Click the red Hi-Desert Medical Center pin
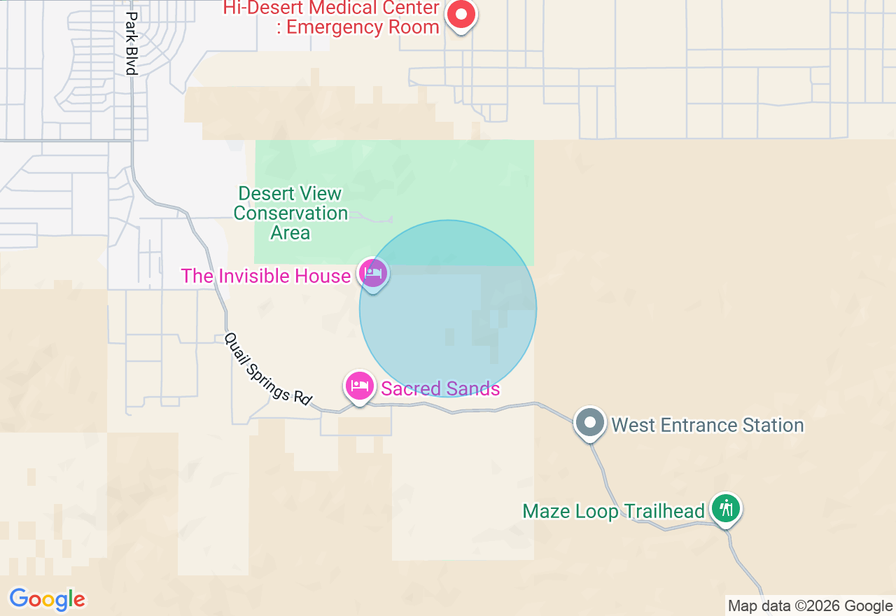pyautogui.click(x=461, y=14)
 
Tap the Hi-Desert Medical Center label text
pyautogui.click(x=331, y=17)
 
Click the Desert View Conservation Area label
pyautogui.click(x=290, y=213)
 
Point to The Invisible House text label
pyautogui.click(x=265, y=276)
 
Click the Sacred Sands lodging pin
pyautogui.click(x=359, y=386)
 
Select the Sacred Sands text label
pyautogui.click(x=440, y=388)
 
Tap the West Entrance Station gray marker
pyautogui.click(x=590, y=423)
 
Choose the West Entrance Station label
pyautogui.click(x=707, y=425)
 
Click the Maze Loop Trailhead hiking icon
pyautogui.click(x=727, y=508)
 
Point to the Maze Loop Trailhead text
pyautogui.click(x=613, y=512)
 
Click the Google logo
pyautogui.click(x=47, y=599)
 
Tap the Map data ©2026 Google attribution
pyautogui.click(x=810, y=606)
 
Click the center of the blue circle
pyautogui.click(x=448, y=308)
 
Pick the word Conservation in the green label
pyautogui.click(x=290, y=213)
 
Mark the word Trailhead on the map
pyautogui.click(x=664, y=512)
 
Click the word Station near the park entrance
pyautogui.click(x=771, y=425)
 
